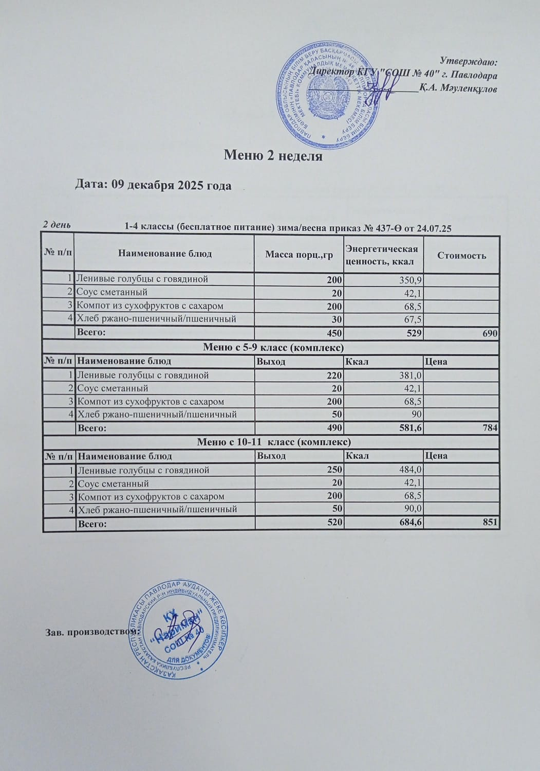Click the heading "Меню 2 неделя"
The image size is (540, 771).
(x=273, y=156)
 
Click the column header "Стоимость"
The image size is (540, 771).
(x=461, y=255)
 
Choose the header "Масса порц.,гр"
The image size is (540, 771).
(x=299, y=255)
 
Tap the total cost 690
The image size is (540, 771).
(x=490, y=333)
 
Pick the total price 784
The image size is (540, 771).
(x=490, y=428)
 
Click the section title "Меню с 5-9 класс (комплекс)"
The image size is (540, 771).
(x=273, y=348)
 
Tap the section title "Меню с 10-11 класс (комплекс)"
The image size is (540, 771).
(x=274, y=442)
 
